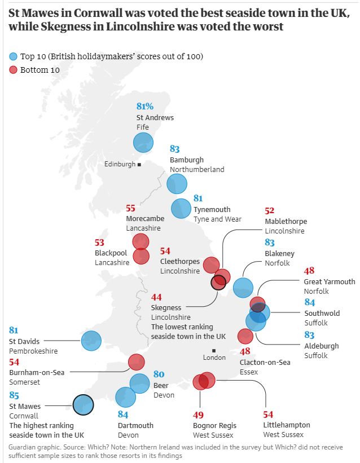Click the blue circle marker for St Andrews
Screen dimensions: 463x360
tap(143, 142)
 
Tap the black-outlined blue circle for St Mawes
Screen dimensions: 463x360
tap(83, 404)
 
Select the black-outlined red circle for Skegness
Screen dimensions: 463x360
tap(218, 282)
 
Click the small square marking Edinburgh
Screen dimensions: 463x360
tap(139, 164)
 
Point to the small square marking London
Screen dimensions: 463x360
tap(214, 350)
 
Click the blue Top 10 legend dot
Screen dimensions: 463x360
tap(13, 56)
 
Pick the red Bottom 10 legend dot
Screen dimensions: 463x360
tap(13, 70)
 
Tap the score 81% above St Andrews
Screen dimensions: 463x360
tap(145, 106)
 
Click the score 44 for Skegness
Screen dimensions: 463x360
tap(156, 297)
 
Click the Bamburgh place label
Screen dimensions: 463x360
tap(187, 160)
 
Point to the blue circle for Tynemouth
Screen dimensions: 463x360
tap(181, 208)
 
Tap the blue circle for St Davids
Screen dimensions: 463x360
tap(91, 341)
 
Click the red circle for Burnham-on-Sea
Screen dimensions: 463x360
tap(137, 361)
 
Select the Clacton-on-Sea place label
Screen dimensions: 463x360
tap(265, 362)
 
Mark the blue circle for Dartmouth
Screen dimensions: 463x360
tap(126, 397)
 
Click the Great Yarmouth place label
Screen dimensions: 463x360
tap(330, 281)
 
